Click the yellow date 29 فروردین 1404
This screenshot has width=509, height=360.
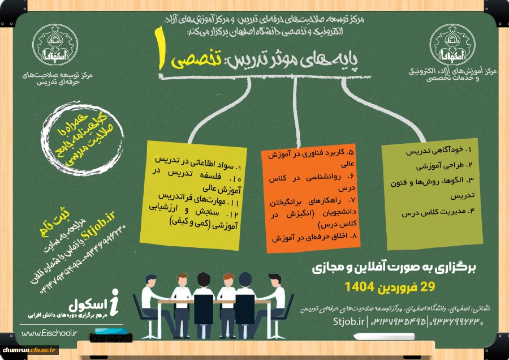395,287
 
